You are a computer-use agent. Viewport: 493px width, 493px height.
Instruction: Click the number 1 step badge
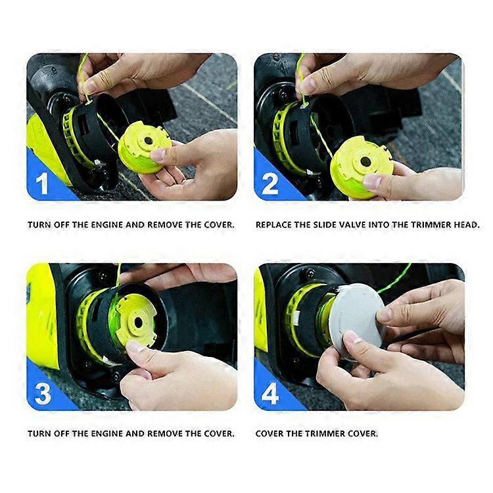[x=43, y=183]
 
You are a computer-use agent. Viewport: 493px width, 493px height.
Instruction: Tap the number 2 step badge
[x=270, y=183]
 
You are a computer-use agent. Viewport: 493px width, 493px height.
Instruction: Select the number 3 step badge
[x=43, y=393]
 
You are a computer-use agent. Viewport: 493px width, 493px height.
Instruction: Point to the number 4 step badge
[x=270, y=393]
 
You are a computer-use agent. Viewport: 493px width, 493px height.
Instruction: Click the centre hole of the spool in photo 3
[x=139, y=321]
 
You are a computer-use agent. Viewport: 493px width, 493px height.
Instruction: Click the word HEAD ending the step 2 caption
[x=466, y=225]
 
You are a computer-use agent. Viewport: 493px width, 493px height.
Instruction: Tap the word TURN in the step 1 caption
[x=38, y=225]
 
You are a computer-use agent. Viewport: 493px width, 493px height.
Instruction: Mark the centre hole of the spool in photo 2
[x=364, y=161]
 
